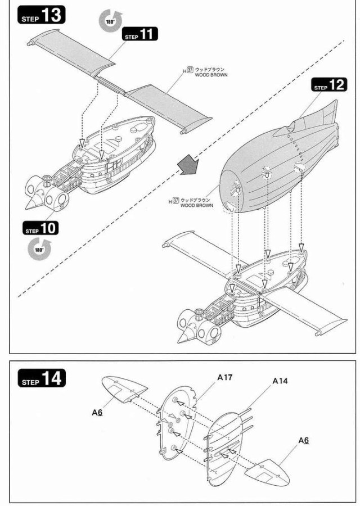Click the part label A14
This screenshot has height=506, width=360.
(280, 381)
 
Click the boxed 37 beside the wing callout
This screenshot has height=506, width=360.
(190, 69)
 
